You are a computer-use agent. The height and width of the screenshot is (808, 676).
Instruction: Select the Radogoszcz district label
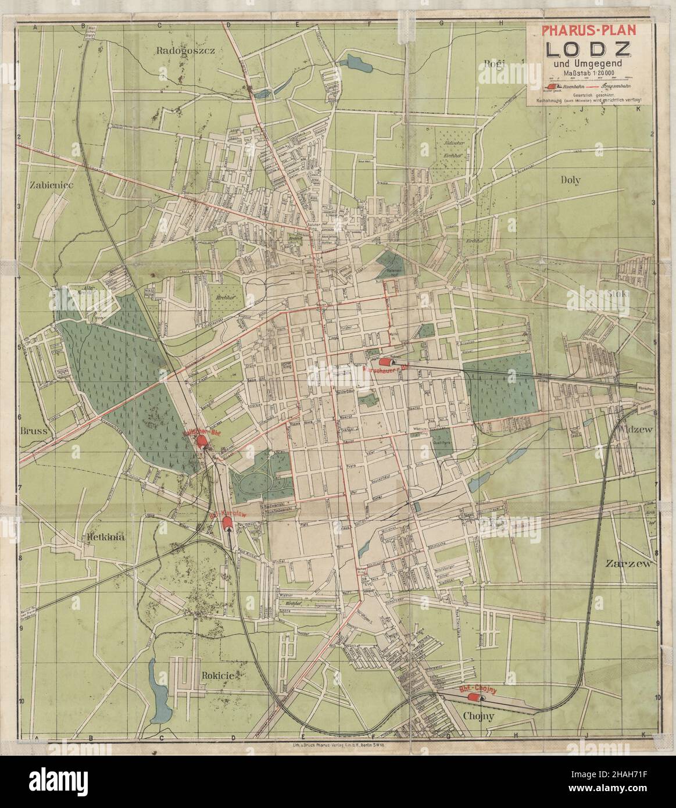tap(186, 51)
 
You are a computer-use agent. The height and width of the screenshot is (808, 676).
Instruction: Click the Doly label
tap(570, 180)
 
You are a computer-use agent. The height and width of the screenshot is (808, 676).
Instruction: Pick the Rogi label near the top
tap(495, 63)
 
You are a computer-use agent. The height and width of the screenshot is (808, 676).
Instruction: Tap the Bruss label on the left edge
tap(33, 431)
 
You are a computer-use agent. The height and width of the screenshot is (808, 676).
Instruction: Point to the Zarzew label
tap(630, 564)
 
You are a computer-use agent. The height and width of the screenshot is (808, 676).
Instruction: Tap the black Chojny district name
tap(478, 716)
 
